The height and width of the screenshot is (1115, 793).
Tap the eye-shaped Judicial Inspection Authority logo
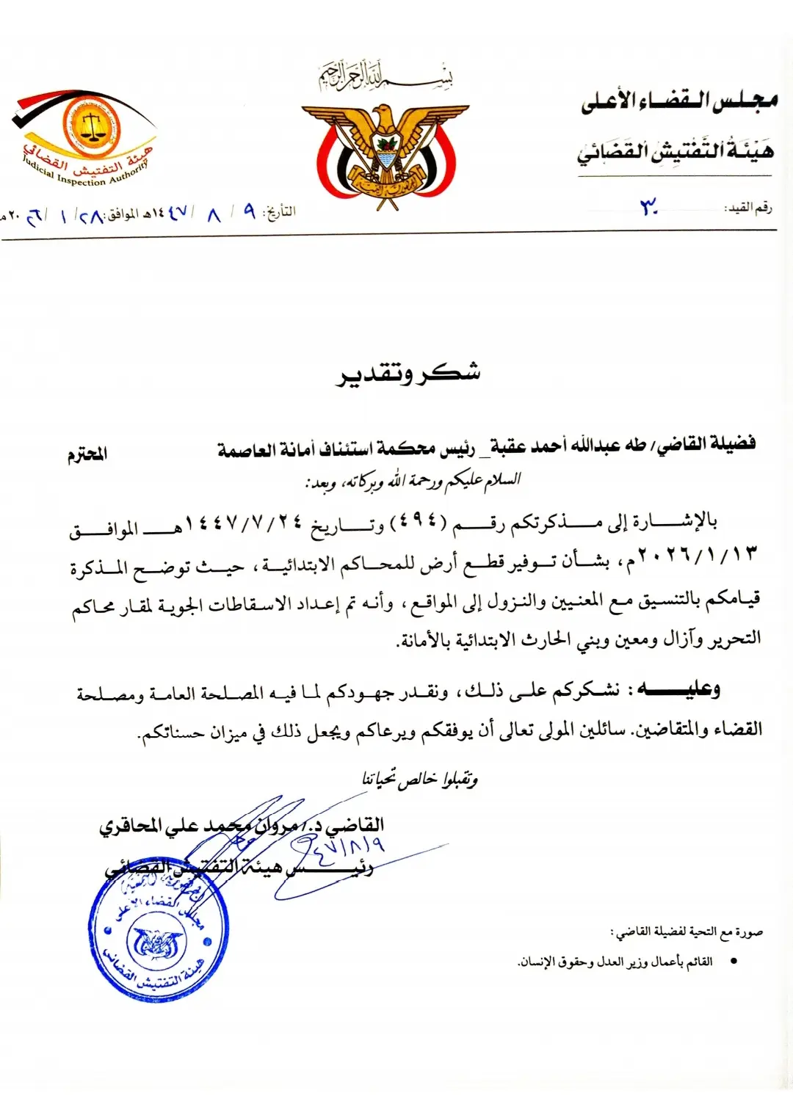coord(86,136)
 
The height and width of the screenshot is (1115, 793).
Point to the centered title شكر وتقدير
coord(408,374)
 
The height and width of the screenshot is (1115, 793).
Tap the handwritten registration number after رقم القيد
coord(648,208)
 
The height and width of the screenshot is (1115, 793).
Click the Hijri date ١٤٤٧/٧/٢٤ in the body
coord(245,523)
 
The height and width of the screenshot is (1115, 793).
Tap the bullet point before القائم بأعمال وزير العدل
coord(732,962)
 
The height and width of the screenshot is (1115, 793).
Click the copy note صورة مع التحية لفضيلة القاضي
coord(687,932)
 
